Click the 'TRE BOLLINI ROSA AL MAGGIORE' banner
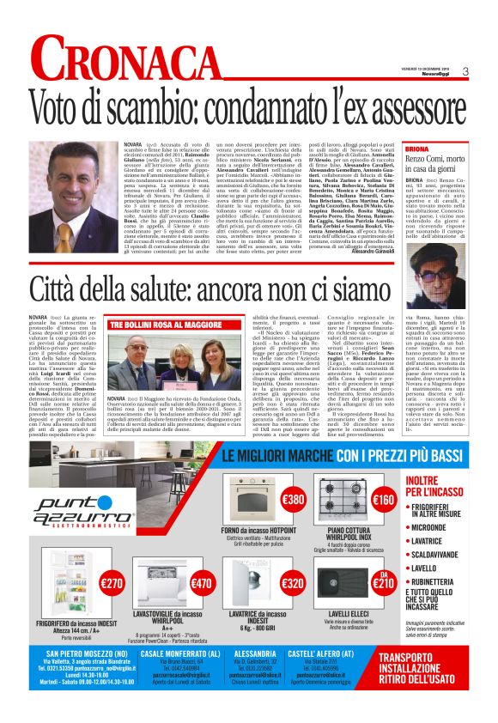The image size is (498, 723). pyautogui.click(x=155, y=325)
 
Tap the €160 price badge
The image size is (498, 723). pyautogui.click(x=384, y=500)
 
